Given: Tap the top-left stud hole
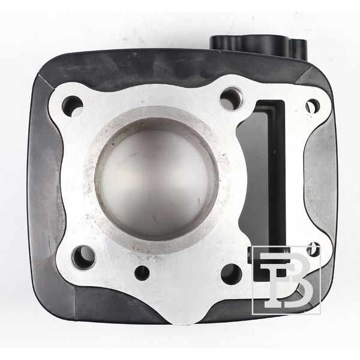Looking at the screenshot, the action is point(73,105).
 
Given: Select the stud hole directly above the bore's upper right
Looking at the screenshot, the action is point(232,97).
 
